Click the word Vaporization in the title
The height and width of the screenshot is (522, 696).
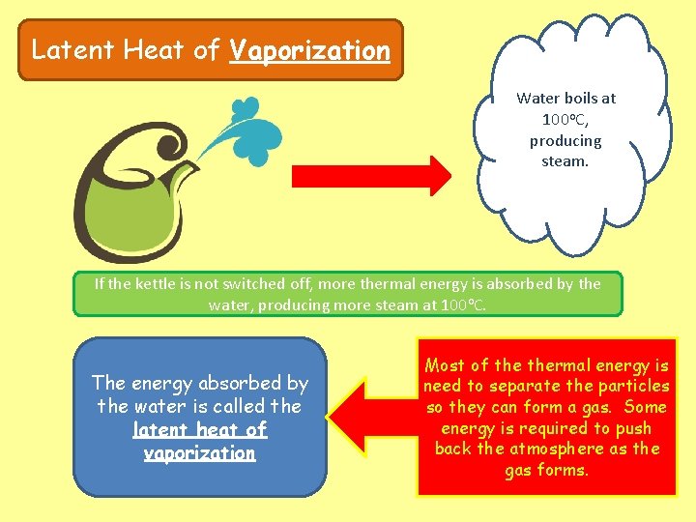click(309, 50)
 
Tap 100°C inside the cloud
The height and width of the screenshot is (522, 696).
click(565, 119)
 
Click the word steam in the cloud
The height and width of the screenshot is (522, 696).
click(565, 161)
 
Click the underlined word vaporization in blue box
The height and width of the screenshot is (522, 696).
click(199, 453)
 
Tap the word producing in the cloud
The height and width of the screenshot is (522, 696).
click(565, 140)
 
